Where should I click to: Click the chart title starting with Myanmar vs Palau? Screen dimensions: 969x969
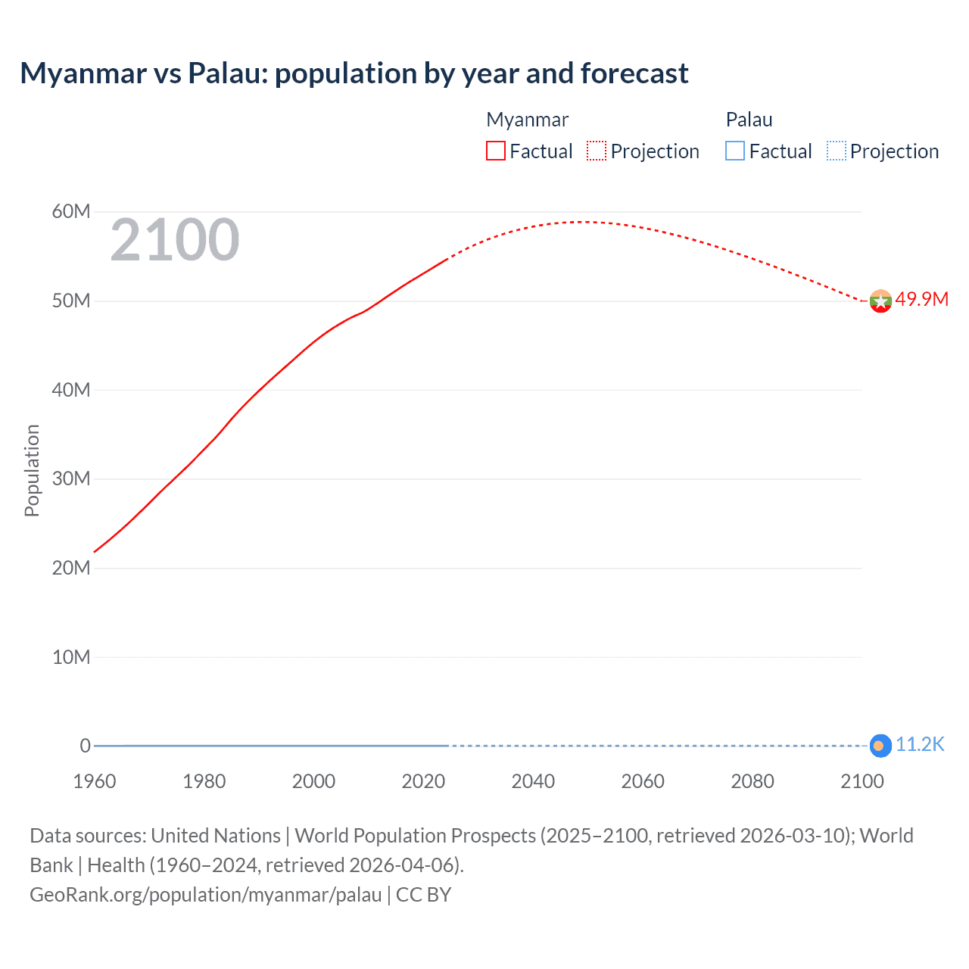[354, 73]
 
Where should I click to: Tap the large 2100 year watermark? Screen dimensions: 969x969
[175, 240]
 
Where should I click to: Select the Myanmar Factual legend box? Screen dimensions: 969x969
[495, 151]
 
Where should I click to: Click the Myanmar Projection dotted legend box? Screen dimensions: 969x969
[597, 151]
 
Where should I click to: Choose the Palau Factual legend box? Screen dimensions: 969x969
[735, 151]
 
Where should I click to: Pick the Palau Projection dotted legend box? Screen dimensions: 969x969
[836, 151]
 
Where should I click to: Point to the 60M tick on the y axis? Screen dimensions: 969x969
[71, 211]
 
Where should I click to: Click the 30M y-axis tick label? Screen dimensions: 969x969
[71, 478]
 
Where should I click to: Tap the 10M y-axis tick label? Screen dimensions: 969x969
[71, 657]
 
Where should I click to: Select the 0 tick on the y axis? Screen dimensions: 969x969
[85, 746]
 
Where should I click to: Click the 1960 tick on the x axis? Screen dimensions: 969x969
[95, 781]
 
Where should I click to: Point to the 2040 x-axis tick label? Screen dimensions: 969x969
[533, 781]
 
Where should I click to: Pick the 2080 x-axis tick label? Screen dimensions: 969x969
[752, 781]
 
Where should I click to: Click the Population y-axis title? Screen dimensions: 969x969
[32, 470]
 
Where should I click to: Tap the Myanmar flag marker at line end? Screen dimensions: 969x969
[880, 301]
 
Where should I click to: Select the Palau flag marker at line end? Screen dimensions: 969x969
[880, 746]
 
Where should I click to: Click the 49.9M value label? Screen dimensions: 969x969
[921, 299]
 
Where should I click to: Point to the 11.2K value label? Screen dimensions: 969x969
[920, 744]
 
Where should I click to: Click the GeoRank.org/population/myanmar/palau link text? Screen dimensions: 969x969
[206, 895]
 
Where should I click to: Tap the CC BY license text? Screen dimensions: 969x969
[424, 895]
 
